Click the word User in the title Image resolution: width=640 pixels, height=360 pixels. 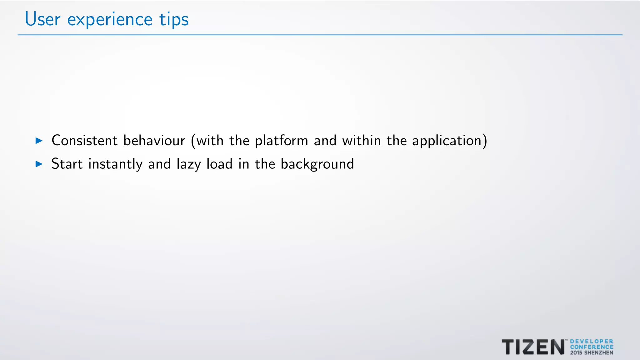(x=42, y=19)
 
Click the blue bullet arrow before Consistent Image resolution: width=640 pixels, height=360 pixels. (x=39, y=141)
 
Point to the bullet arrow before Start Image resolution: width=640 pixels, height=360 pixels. (x=39, y=164)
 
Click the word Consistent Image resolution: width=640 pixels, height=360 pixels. (x=84, y=141)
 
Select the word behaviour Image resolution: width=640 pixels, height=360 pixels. (x=154, y=141)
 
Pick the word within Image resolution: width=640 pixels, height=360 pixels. (x=362, y=141)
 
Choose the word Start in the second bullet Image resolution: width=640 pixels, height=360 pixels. (x=67, y=164)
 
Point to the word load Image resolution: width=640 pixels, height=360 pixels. (x=219, y=164)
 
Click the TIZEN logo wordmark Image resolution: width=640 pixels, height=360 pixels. (x=533, y=347)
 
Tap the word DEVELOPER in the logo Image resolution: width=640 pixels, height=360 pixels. (x=592, y=342)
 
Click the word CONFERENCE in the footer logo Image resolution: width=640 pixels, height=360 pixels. (x=592, y=347)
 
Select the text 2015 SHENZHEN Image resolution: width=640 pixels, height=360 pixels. (x=592, y=352)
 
